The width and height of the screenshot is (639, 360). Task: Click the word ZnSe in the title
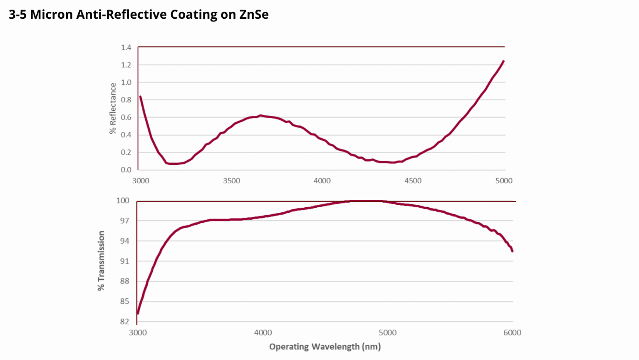click(254, 15)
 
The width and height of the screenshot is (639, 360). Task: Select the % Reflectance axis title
click(113, 108)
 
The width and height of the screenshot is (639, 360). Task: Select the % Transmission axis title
click(101, 261)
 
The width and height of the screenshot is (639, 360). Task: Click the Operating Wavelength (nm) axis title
click(325, 347)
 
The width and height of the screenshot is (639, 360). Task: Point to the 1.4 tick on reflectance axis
click(126, 47)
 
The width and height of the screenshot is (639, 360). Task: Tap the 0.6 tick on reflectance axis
click(126, 117)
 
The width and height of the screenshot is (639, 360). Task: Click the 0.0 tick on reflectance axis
click(126, 170)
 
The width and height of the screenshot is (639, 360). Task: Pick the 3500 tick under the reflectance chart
click(231, 181)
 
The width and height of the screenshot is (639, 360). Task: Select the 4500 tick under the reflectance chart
click(413, 181)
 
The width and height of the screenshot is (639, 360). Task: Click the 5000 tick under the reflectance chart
click(504, 181)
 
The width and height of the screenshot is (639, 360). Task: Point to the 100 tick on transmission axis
click(123, 201)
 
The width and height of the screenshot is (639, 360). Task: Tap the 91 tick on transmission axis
click(125, 261)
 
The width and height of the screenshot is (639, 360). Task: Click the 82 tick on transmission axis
click(125, 322)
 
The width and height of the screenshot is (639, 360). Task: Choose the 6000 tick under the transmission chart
click(512, 333)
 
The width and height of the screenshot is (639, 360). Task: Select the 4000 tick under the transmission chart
click(263, 333)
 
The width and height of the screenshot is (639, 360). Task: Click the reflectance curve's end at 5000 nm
click(503, 61)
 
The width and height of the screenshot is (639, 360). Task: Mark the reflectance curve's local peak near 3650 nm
click(260, 115)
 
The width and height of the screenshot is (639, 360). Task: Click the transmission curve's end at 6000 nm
click(513, 251)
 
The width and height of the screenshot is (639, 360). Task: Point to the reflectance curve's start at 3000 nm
click(140, 97)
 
